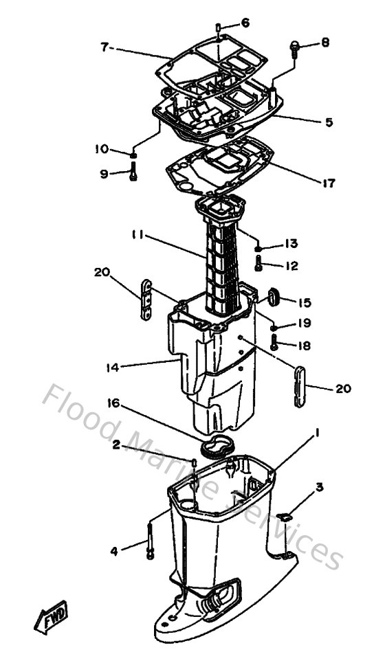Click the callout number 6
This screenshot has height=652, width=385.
(x=246, y=23)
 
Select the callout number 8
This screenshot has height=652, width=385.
(x=324, y=43)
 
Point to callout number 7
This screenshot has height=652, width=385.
(x=104, y=47)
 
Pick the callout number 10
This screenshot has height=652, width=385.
(x=102, y=148)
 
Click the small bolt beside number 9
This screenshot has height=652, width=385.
(x=134, y=175)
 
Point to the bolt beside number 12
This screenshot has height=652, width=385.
(x=258, y=263)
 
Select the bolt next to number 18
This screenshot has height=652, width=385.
(x=274, y=343)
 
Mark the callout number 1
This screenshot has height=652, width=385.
(x=318, y=433)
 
